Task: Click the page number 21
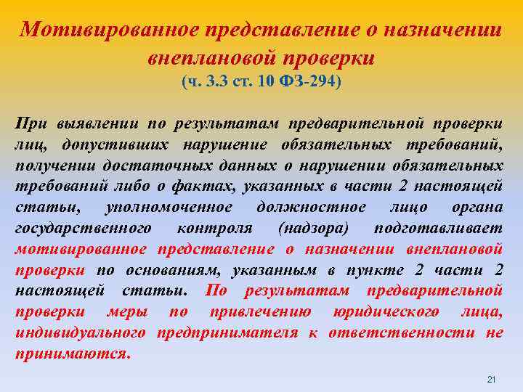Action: point(490,380)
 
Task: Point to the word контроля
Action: point(214,229)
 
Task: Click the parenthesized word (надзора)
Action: point(313,229)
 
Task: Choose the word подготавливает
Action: point(438,229)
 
